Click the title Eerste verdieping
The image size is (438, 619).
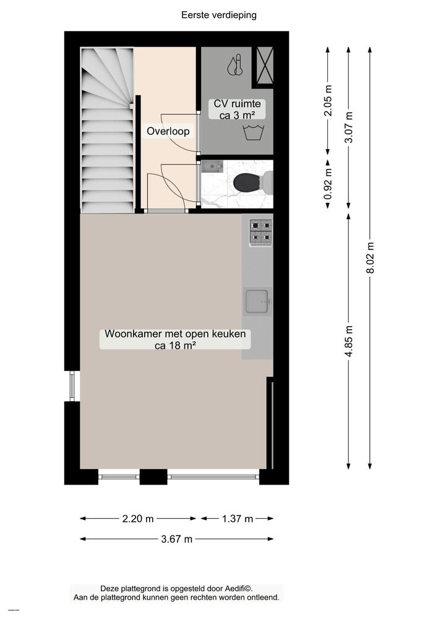click(x=219, y=14)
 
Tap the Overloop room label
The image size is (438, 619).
click(x=168, y=131)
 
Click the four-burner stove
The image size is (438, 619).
click(x=260, y=232)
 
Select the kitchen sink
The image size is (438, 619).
click(x=257, y=301)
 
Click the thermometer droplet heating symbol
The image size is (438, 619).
click(x=234, y=66)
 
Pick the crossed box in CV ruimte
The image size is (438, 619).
click(x=264, y=64)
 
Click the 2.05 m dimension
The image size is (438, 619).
click(x=328, y=100)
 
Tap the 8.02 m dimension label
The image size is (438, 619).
click(x=370, y=256)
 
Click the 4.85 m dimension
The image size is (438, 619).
click(x=349, y=340)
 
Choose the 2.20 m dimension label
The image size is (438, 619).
click(x=138, y=519)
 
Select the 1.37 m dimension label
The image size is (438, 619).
click(x=238, y=519)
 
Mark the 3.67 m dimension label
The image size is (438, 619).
click(x=176, y=539)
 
